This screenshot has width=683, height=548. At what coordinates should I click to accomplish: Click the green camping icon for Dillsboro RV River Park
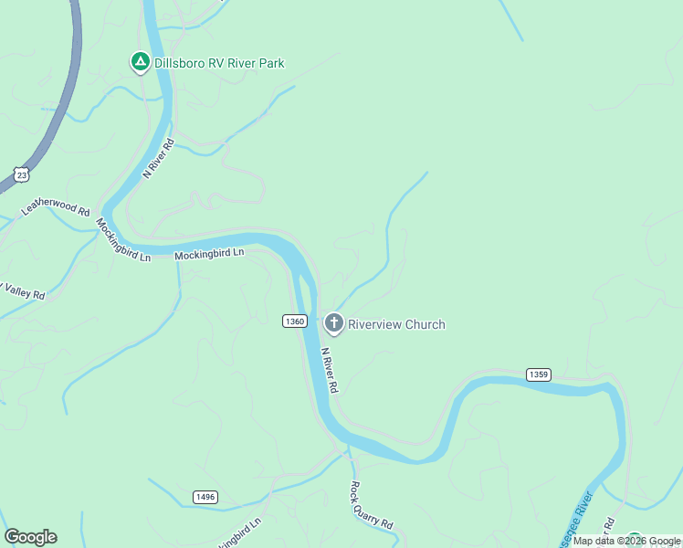[x=140, y=62]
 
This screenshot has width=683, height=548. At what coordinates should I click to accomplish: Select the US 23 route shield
[x=20, y=174]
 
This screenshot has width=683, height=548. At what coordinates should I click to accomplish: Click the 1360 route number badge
[x=294, y=321]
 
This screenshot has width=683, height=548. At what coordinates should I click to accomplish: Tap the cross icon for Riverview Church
[x=334, y=323]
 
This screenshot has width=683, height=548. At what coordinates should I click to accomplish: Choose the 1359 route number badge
[x=538, y=374]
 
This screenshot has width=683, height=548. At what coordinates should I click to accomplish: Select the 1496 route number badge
[x=205, y=496]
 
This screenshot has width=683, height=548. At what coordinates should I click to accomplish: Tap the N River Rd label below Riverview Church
[x=331, y=370]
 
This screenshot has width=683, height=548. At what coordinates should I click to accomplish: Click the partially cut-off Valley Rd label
[x=24, y=291]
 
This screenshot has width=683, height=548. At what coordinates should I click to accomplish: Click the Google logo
[x=30, y=537]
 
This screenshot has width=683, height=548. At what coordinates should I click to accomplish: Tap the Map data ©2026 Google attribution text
[x=626, y=541]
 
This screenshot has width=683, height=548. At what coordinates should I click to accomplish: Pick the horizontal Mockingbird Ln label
[x=210, y=254]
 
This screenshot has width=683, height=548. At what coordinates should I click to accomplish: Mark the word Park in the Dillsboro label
[x=270, y=63]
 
